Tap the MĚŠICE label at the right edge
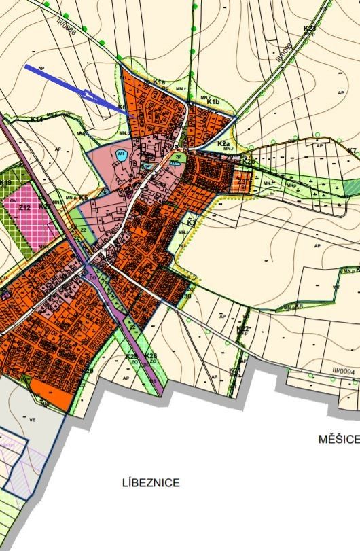coord(338,439)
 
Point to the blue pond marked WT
coord(122,155)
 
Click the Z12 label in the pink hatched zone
coord(25,208)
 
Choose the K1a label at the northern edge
coord(159,82)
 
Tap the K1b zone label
coord(213,102)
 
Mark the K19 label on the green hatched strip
coord(6,183)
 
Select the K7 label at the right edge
coord(351,150)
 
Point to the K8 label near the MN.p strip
coord(298,307)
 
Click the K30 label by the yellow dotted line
coord(185,295)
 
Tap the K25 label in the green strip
coord(132,356)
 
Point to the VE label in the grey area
coord(32,419)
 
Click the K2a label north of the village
coord(223,144)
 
